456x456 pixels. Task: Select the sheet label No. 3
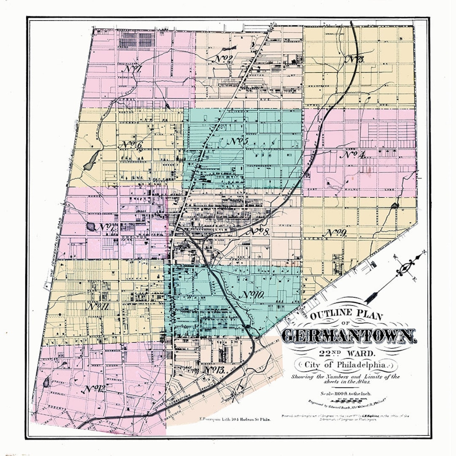355,59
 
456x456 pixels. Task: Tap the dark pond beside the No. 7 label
91,227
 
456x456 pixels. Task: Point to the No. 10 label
253,295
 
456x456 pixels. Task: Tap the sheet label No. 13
213,370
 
